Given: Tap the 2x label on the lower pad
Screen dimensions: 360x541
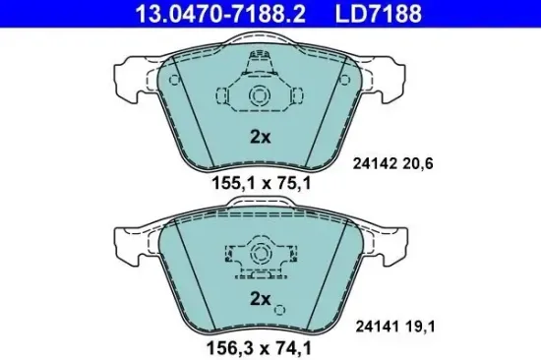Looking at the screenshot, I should coord(260,296).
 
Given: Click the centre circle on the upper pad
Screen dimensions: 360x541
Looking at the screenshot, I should coord(260,95).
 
